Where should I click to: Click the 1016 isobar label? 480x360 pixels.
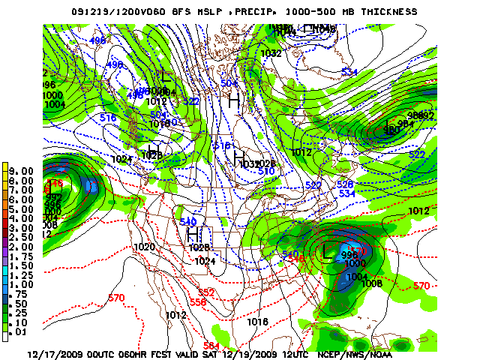tap(257, 321)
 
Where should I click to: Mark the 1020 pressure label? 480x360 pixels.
tap(144, 247)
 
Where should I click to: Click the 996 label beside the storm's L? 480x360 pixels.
tap(349, 255)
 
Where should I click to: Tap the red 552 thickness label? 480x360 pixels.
tap(206, 292)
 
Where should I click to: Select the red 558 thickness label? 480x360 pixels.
tap(198, 301)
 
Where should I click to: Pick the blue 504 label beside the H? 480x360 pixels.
tap(229, 83)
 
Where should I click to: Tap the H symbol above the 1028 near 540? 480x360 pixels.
tap(192, 234)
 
